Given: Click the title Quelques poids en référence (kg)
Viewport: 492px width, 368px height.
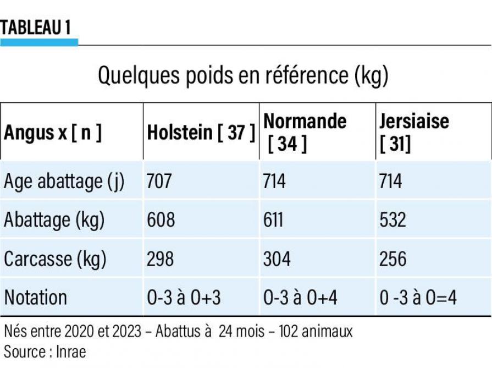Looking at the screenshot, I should coord(243,75).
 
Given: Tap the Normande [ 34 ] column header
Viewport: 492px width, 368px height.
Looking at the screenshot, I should coord(305,133).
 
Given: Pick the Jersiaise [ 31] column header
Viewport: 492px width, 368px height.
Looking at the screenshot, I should coord(413,133).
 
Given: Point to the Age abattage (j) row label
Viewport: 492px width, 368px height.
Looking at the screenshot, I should coord(64,181).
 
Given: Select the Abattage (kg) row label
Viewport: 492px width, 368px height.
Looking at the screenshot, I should coord(54,219).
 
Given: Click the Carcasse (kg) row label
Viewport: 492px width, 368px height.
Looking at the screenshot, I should coord(55,259).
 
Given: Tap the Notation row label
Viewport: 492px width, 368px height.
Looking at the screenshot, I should coord(36,297).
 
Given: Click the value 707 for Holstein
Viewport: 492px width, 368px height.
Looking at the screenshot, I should coord(159,181).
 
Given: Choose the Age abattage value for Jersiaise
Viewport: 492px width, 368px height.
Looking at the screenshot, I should coord(391,181).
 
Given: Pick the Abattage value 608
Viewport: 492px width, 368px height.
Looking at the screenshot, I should coord(161,219).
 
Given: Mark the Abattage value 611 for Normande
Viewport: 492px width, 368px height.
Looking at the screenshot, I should coord(273,219).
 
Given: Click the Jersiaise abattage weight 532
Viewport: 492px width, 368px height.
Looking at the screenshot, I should coord(393,219).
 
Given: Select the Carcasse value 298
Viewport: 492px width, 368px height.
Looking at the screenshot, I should coord(161,259).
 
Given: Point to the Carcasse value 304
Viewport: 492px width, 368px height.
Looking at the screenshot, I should coord(277,259).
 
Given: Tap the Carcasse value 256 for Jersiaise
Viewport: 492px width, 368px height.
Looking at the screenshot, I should coord(393,259).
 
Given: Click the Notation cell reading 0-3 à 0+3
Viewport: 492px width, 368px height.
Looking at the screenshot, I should coord(184,297).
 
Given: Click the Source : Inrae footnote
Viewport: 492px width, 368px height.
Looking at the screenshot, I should coord(45,351).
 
